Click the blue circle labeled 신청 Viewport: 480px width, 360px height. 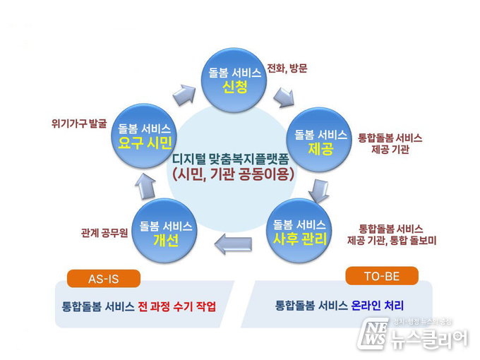(234, 80)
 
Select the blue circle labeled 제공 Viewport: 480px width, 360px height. (319, 140)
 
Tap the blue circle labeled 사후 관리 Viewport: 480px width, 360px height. (299, 230)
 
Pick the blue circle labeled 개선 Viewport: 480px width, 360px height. (164, 231)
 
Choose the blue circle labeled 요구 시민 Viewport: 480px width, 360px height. (144, 136)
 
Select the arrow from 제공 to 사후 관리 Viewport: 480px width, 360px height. (318, 191)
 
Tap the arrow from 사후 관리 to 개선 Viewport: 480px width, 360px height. (233, 244)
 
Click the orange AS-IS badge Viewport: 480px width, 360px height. (104, 279)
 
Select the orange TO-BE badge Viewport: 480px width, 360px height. (382, 276)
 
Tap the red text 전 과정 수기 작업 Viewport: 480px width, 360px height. (177, 306)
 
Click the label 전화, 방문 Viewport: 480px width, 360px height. (287, 68)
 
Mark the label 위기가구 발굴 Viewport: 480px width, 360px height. (79, 124)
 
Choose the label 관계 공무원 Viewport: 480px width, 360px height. (104, 233)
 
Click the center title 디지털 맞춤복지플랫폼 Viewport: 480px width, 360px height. (231, 160)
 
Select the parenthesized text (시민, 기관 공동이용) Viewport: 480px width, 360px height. (233, 174)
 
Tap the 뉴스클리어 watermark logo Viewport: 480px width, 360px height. (412, 334)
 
